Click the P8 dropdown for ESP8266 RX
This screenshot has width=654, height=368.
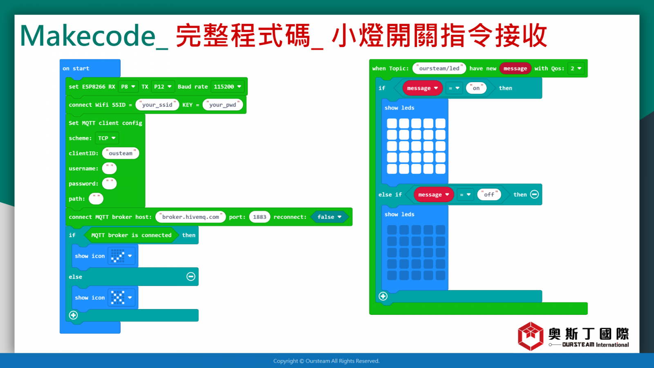[128, 87]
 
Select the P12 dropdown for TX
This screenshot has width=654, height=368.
[163, 87]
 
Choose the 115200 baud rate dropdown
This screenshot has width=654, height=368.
[227, 87]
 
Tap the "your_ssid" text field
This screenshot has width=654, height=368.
[157, 105]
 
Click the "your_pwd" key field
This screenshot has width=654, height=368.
[222, 105]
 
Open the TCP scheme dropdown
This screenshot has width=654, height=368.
[107, 138]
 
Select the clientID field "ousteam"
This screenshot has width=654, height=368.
[121, 153]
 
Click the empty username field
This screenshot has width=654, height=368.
[110, 168]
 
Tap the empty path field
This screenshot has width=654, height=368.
[96, 199]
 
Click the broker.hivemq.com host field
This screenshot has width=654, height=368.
[190, 217]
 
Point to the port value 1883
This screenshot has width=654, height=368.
[260, 217]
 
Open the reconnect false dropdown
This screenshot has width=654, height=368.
[329, 217]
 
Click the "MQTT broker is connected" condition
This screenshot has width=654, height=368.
[131, 235]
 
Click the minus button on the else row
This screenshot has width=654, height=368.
[191, 276]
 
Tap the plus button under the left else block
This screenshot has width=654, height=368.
[73, 315]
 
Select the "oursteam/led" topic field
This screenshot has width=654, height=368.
[439, 68]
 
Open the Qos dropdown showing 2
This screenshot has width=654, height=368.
[576, 68]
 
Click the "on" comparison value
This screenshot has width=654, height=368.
[476, 88]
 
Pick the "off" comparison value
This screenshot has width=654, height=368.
[489, 195]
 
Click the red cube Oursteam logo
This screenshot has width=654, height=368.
[531, 336]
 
